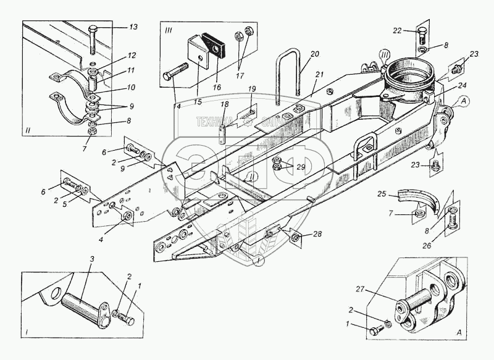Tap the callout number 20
315,54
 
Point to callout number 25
382,194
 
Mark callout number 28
317,233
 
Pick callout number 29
301,167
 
